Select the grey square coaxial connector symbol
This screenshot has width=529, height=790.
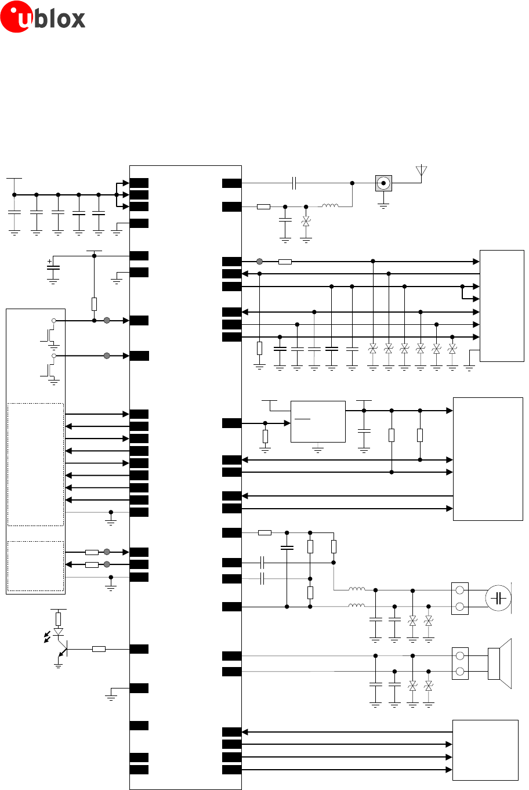tap(383, 183)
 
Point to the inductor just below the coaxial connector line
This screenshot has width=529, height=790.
tap(331, 205)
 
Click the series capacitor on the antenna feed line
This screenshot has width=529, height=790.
tap(294, 183)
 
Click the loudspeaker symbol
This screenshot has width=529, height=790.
tap(499, 664)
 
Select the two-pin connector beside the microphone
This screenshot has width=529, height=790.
tap(460, 599)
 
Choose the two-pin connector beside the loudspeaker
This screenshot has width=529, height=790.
tap(460, 664)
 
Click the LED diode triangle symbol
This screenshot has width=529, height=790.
tap(58, 631)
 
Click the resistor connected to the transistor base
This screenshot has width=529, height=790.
tap(99, 648)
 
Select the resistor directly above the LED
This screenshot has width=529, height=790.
tap(58, 618)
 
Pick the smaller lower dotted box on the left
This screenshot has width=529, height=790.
tap(35, 566)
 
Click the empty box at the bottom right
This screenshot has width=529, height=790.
tap(485, 750)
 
